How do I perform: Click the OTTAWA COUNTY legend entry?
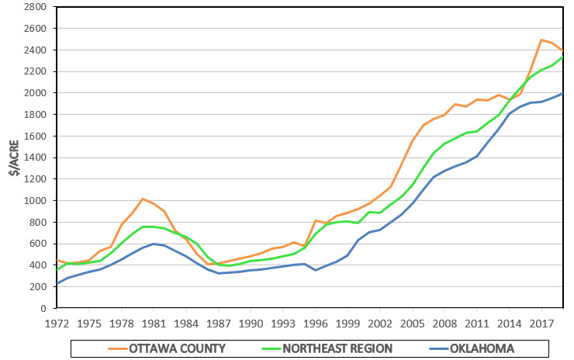tap(175, 347)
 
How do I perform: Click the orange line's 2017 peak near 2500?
tap(541, 40)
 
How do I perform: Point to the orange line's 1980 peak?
tap(143, 199)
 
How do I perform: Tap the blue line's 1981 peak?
tap(154, 244)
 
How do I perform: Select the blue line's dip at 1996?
tap(315, 270)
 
